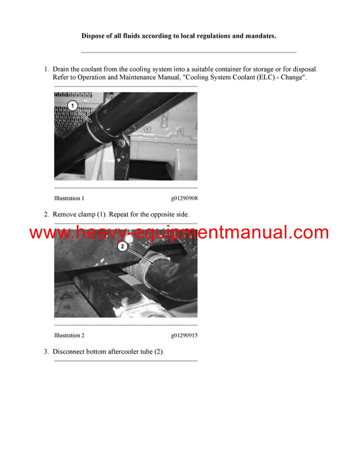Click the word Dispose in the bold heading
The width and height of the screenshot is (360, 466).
[x=95, y=36]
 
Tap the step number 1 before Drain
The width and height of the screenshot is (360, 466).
[x=46, y=70]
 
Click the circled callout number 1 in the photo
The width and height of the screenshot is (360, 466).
[x=73, y=106]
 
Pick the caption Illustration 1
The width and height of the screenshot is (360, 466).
[x=69, y=198]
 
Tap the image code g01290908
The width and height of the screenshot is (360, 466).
[x=184, y=198]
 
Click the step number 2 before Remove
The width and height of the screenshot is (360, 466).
[x=46, y=214]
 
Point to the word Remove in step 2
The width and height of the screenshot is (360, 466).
[x=66, y=214]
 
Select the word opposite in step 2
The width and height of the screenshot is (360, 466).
[x=159, y=214]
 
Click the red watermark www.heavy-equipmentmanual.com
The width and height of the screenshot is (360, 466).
[x=179, y=232]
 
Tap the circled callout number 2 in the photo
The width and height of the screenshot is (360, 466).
[x=122, y=246]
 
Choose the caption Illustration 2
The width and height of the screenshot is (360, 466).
[x=69, y=335]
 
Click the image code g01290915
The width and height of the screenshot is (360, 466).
[x=184, y=335]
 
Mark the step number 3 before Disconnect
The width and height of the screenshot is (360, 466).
[x=46, y=351]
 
